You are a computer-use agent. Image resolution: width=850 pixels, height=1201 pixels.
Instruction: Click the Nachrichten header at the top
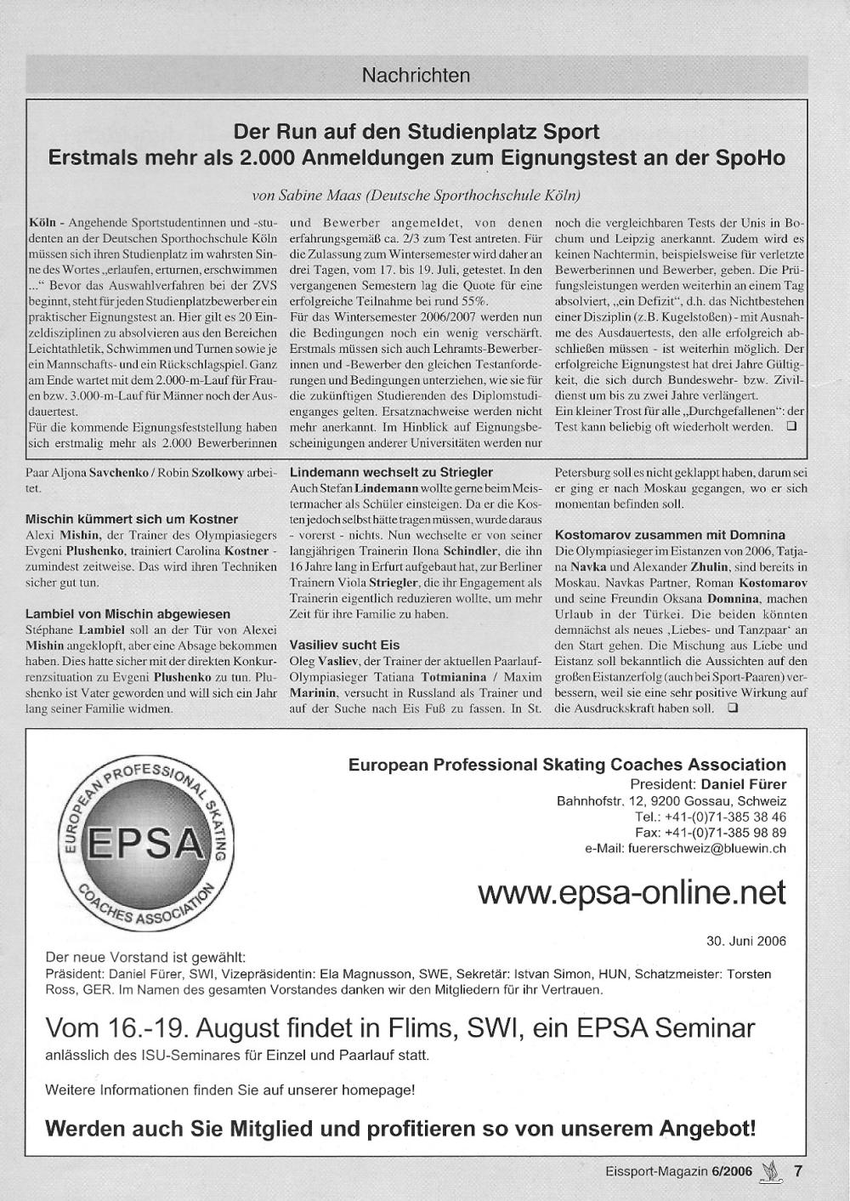(x=416, y=76)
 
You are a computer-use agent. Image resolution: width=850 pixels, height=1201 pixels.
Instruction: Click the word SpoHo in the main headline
(x=751, y=159)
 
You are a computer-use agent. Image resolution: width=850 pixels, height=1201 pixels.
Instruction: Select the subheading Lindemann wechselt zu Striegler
(x=391, y=472)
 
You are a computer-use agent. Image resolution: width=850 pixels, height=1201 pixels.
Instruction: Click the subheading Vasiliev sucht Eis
(x=344, y=645)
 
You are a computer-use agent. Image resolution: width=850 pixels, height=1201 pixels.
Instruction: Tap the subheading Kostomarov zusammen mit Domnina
(x=670, y=535)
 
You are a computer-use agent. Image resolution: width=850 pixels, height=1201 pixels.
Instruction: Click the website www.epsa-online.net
(x=632, y=892)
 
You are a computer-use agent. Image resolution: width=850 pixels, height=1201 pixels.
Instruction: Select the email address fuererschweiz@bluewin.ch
(x=705, y=848)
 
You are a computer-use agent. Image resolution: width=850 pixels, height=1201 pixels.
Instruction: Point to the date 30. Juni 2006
(x=746, y=941)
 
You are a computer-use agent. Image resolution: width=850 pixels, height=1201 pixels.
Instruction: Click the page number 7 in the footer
(x=797, y=1170)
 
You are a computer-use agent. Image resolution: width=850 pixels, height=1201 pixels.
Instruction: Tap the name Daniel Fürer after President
(x=744, y=784)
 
